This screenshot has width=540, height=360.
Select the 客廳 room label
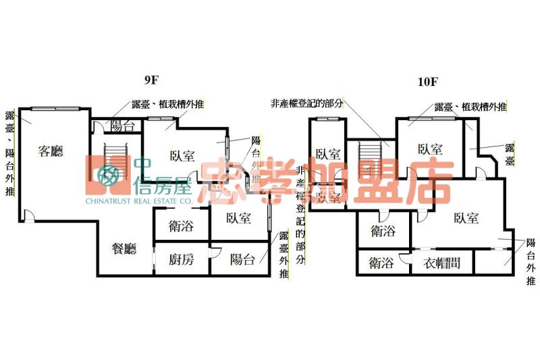point(51,151)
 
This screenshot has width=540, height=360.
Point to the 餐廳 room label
point(124,249)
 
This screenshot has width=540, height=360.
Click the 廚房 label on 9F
point(181,259)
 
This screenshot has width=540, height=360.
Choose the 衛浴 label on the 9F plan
point(181,226)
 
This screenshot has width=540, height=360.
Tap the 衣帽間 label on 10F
point(441,263)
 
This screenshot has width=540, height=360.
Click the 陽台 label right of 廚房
point(242,259)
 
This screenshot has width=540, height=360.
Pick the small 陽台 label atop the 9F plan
point(122,126)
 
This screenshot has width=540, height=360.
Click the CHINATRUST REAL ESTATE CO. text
point(139,201)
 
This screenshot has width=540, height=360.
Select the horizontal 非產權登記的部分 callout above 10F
point(306,103)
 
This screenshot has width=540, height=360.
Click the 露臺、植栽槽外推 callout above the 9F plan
point(169,104)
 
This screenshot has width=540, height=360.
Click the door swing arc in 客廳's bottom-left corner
point(27,215)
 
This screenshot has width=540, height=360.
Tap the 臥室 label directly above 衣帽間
point(466,217)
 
